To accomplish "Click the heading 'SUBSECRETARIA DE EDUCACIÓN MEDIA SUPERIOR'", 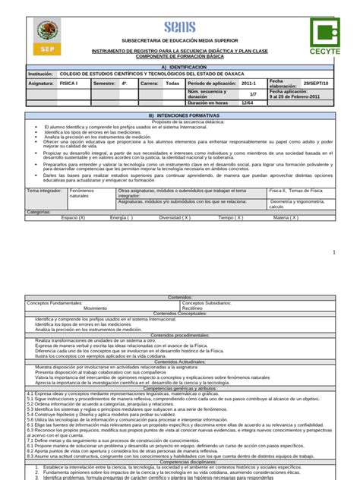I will point(181,40).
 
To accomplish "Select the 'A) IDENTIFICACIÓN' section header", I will point(180,66).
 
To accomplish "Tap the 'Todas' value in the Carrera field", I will point(172,83).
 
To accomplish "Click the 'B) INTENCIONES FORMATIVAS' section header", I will point(180,115).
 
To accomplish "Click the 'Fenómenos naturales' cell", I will point(84,194).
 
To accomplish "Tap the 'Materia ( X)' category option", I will point(286,217).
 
